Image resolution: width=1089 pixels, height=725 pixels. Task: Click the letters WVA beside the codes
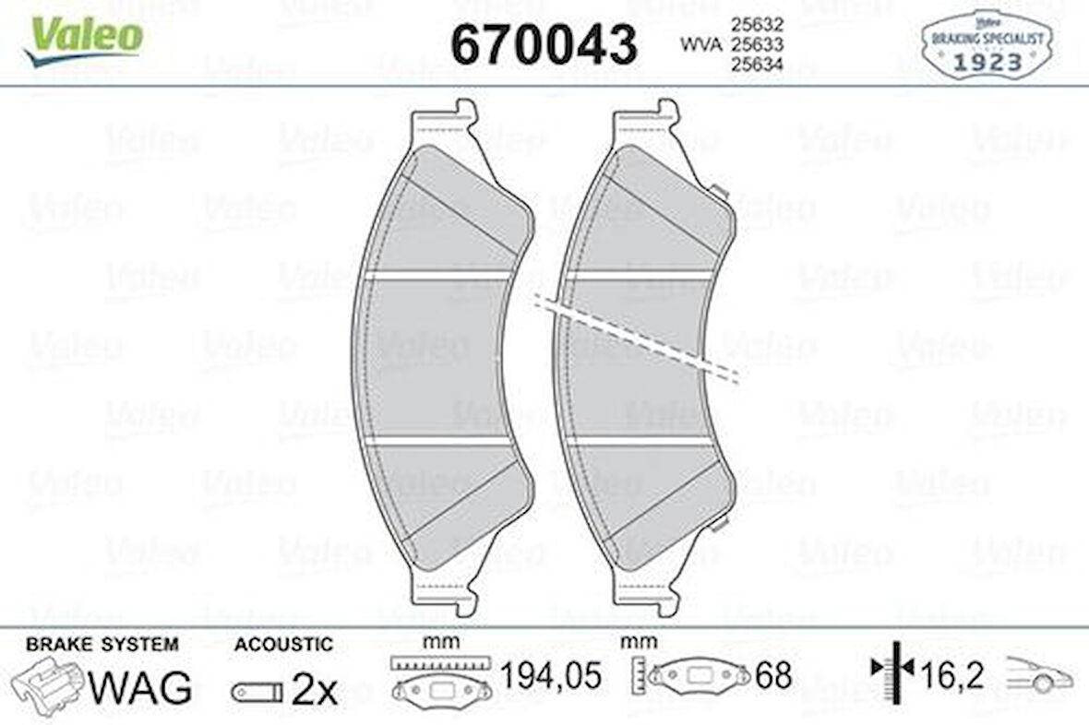pyautogui.click(x=700, y=42)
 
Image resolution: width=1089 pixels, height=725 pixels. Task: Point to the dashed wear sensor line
pyautogui.click(x=637, y=338)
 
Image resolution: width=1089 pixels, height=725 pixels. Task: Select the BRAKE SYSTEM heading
pyautogui.click(x=102, y=645)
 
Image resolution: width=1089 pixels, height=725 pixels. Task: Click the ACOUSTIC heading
pyautogui.click(x=283, y=645)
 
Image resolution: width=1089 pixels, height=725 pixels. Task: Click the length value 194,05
pyautogui.click(x=551, y=675)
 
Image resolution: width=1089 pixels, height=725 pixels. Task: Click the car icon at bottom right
pyautogui.click(x=1039, y=675)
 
